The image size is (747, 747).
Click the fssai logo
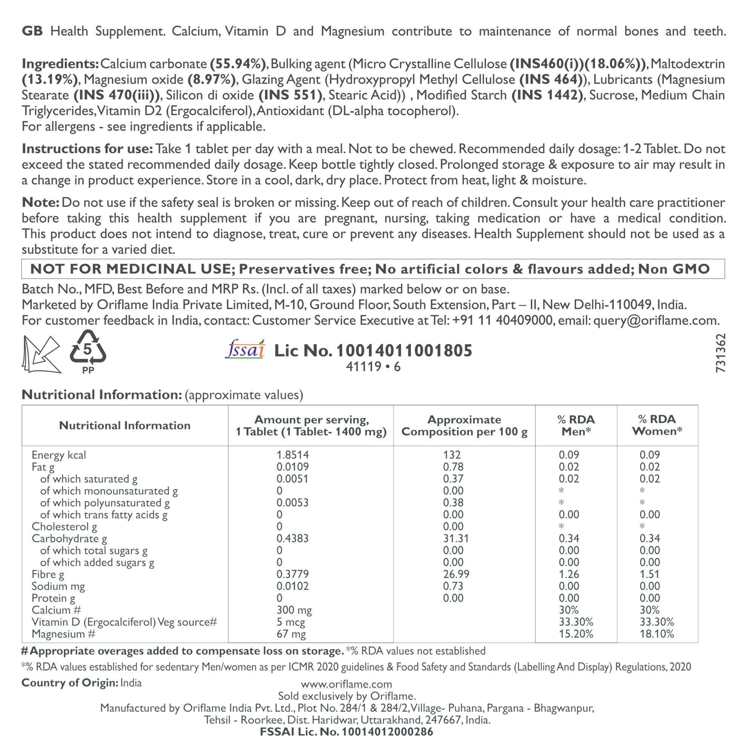point(245,349)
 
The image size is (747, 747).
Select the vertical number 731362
point(720,353)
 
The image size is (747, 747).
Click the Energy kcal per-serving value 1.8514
point(292,455)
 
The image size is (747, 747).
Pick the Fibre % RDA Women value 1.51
point(649,574)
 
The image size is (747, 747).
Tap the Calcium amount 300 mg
point(294,610)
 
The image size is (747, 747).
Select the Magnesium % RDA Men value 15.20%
point(576,634)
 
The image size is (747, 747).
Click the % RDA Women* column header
point(657,425)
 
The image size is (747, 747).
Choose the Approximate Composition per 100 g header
point(464,426)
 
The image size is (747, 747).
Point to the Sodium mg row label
point(58,586)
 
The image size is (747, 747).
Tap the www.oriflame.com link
point(346,684)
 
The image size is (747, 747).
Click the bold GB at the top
point(32,31)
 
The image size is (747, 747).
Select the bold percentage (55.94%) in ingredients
point(238,64)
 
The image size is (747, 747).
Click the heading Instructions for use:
point(88,149)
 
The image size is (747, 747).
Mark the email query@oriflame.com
point(656,321)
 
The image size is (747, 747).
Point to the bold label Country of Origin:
point(69,683)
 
